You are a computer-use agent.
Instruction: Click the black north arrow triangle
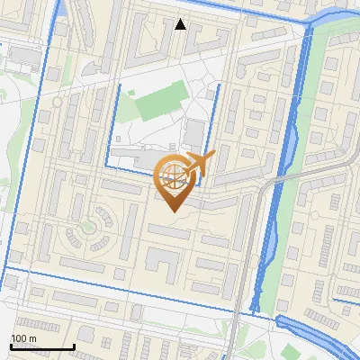[181, 24]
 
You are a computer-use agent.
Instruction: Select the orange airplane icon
[199, 165]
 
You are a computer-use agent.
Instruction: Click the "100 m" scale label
[24, 338]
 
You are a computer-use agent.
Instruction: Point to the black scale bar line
[41, 347]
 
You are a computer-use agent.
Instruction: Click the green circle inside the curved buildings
[89, 226]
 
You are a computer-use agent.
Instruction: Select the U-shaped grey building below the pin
[165, 263]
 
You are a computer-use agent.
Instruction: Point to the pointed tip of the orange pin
[171, 210]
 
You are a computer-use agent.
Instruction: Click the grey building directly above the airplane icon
[193, 135]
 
